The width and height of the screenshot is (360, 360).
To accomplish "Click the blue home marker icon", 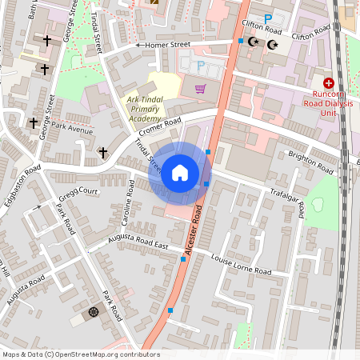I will point(180,173).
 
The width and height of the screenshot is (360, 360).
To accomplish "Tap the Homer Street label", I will point(168,45).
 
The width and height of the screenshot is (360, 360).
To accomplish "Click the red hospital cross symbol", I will point(328,83).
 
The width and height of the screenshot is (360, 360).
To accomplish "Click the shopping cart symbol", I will point(200,89).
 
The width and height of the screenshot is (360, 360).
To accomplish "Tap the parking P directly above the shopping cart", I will point(200,66).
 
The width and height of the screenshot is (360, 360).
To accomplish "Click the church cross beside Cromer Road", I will point(102,151).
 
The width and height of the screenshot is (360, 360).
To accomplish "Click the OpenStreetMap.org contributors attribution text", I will point(107,354).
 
